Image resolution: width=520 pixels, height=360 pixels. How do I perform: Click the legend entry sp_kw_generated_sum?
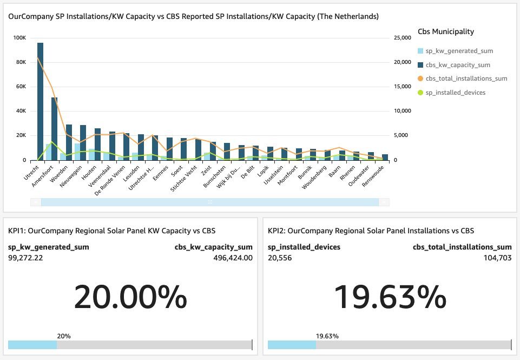pyautogui.click(x=459, y=51)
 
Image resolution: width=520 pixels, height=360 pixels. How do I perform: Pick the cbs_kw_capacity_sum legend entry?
pyautogui.click(x=458, y=65)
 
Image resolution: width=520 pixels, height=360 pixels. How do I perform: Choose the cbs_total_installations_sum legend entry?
pyautogui.click(x=466, y=78)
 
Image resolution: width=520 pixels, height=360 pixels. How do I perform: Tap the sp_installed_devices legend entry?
pyautogui.click(x=456, y=93)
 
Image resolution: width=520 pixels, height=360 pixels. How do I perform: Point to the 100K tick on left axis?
pyautogui.click(x=19, y=38)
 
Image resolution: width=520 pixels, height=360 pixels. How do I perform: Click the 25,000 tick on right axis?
pyautogui.click(x=403, y=38)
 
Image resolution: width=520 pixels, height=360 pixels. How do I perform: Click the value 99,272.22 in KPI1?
pyautogui.click(x=25, y=258)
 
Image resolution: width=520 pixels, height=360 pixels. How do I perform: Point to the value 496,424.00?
pyautogui.click(x=233, y=258)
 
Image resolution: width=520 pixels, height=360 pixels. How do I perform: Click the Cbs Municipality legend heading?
pyautogui.click(x=446, y=31)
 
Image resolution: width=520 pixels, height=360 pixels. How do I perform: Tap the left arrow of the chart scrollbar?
pyautogui.click(x=36, y=202)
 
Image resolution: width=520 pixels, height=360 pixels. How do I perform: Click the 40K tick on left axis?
pyautogui.click(x=21, y=112)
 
